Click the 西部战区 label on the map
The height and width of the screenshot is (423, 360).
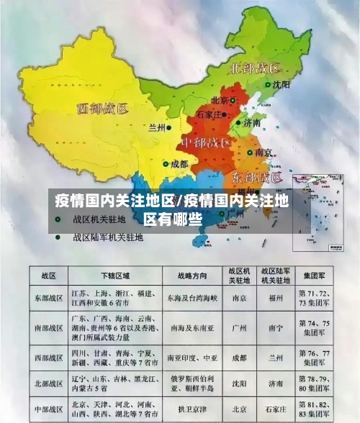coord(102,109)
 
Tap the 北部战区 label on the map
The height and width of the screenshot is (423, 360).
coord(254,69)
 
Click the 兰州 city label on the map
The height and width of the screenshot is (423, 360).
coord(156,128)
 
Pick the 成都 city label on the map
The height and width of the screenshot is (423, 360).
coord(179,163)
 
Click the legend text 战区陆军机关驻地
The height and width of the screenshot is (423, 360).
coord(108,236)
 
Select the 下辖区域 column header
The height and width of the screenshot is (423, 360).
coord(116,276)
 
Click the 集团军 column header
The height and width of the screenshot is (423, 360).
coord(316,276)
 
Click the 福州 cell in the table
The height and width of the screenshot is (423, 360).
coord(275,297)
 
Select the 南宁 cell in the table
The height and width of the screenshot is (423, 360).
coord(275,327)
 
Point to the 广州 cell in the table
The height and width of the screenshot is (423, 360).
coord(239,327)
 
